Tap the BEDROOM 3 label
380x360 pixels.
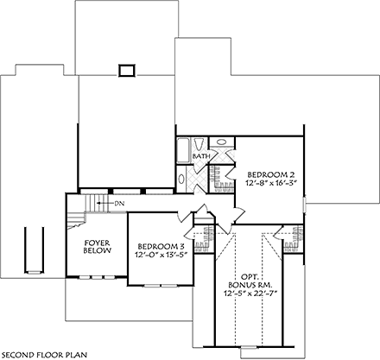click(x=160, y=247)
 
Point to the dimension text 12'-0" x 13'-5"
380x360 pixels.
click(x=160, y=256)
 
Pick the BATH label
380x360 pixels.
click(x=201, y=156)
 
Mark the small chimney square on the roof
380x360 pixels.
click(x=128, y=69)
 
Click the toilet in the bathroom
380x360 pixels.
click(x=199, y=144)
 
